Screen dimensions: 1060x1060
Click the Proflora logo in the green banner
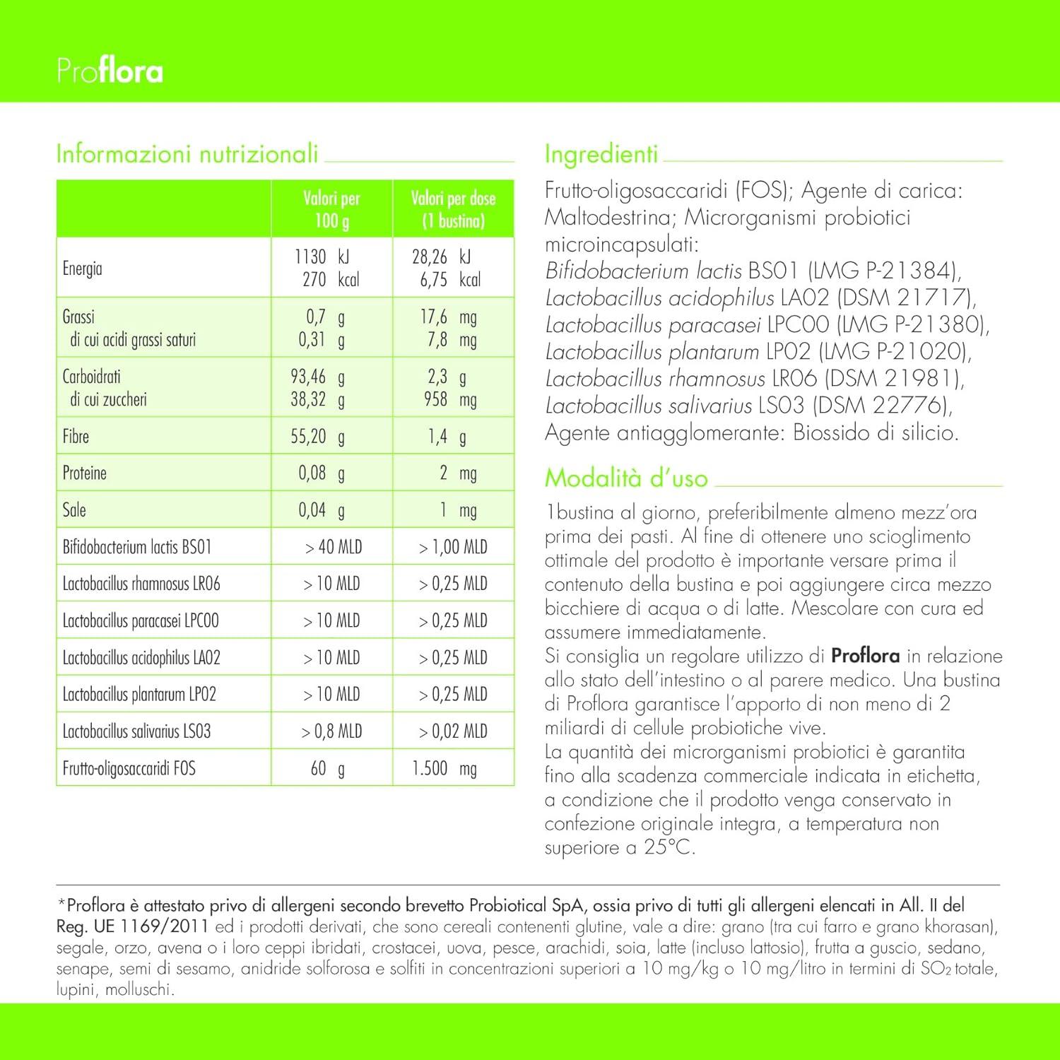tap(110, 71)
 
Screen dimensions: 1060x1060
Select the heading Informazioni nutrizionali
tap(187, 153)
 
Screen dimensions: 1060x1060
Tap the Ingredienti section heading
tap(601, 153)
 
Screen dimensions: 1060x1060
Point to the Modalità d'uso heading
tap(626, 478)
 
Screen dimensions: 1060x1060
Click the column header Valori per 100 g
tap(331, 209)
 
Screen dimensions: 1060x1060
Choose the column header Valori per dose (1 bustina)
tap(453, 209)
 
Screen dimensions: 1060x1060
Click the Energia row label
tap(83, 269)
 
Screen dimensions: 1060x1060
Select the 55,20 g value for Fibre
tap(317, 437)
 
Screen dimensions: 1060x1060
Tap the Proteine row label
tap(85, 473)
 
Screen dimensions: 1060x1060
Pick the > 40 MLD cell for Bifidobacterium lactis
tap(333, 547)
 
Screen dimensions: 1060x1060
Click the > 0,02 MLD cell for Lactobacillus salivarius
tap(453, 731)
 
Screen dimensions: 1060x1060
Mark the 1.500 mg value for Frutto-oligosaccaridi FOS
tap(444, 768)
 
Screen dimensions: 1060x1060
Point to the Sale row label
tap(74, 510)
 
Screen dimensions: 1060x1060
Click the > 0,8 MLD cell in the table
tap(331, 731)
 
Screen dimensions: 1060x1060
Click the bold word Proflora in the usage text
tap(865, 656)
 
